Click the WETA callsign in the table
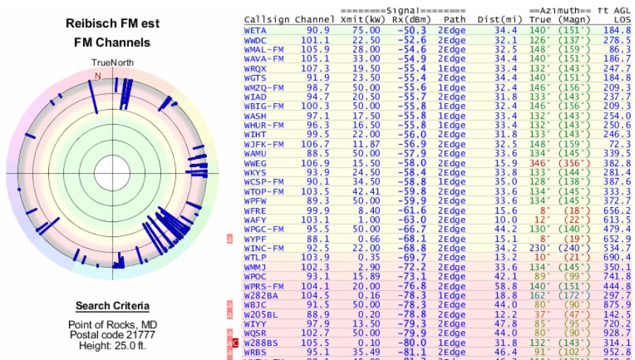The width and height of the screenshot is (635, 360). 256,30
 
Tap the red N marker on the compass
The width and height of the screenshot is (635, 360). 97,75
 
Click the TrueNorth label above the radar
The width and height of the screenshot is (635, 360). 112,62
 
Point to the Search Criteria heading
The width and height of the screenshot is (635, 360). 112,306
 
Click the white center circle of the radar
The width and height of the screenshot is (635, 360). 111,174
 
